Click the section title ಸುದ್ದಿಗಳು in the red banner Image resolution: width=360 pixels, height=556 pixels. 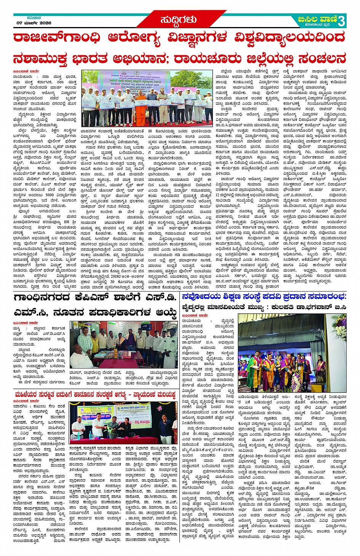[178, 20]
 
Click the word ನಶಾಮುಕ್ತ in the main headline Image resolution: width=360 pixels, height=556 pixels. [40, 59]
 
